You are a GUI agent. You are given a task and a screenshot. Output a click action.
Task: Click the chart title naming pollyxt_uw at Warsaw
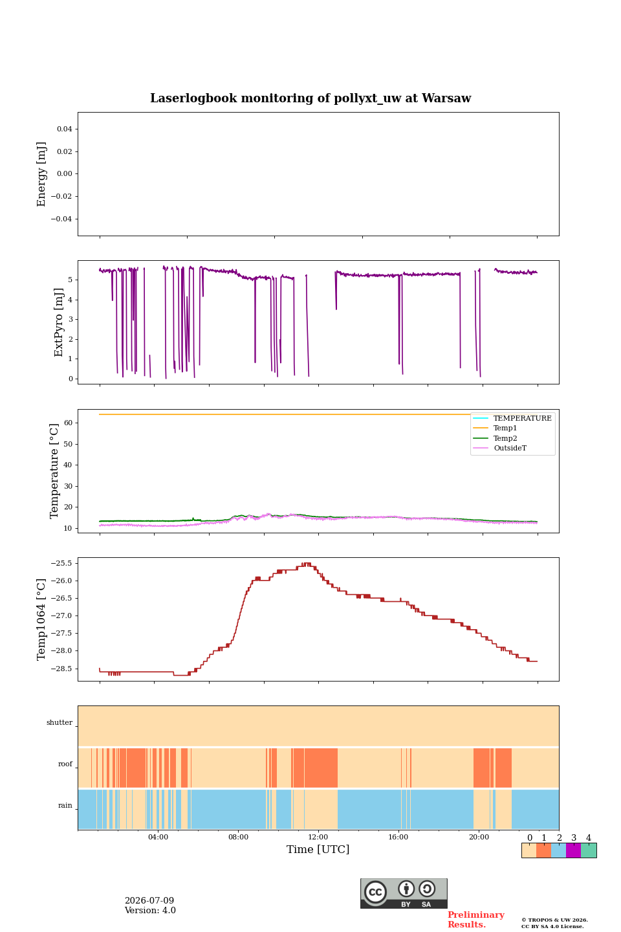(x=310, y=98)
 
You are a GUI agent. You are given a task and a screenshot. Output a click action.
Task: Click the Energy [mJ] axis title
(x=41, y=174)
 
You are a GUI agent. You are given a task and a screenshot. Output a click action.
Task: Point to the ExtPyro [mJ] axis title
(x=59, y=322)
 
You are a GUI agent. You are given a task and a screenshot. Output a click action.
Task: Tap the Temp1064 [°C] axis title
(x=41, y=619)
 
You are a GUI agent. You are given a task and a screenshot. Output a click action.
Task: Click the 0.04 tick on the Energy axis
(x=65, y=129)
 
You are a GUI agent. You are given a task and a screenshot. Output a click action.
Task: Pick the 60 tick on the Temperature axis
(x=68, y=423)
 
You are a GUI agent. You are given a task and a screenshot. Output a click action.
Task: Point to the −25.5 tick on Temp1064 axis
(x=61, y=563)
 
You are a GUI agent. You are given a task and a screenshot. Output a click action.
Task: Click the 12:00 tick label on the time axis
(x=318, y=837)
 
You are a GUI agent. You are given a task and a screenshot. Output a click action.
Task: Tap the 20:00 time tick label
(x=479, y=837)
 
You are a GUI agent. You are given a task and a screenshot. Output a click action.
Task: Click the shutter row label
(x=60, y=722)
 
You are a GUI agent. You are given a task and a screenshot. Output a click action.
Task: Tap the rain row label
(x=65, y=805)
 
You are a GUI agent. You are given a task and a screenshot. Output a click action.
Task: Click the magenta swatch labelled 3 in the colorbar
(x=573, y=850)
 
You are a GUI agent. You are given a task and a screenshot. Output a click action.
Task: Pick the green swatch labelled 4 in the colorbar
(x=589, y=850)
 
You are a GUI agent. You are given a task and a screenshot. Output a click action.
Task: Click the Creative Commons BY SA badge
(x=404, y=893)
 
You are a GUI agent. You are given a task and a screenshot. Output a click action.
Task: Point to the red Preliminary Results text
(x=476, y=919)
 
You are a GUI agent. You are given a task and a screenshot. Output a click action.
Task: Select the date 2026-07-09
(x=149, y=900)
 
